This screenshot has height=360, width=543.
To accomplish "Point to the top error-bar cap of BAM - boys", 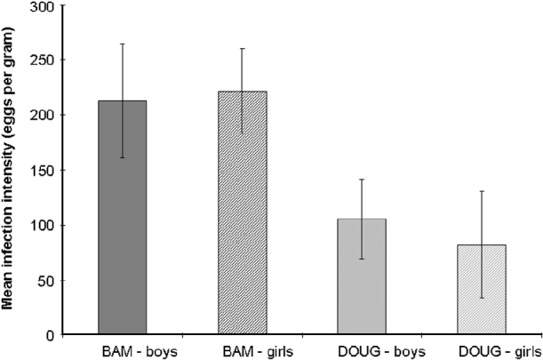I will click(122, 44).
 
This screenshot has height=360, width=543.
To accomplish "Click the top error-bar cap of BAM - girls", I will click(242, 48).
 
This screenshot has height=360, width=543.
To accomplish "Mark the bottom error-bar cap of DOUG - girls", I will click(481, 298).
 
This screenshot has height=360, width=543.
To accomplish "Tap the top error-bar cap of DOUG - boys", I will click(361, 180).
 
